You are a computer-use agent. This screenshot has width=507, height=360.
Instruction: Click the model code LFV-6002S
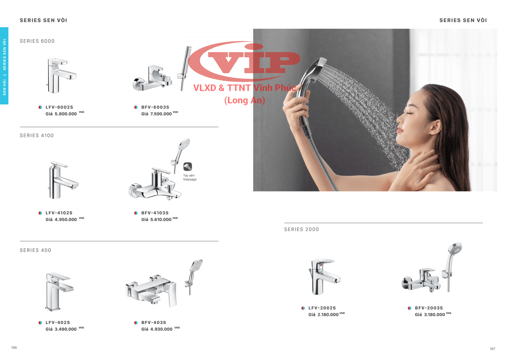click(x=59, y=107)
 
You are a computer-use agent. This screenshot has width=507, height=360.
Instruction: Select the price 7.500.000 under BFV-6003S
click(x=161, y=114)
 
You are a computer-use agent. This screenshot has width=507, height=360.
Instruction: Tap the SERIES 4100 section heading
click(x=37, y=135)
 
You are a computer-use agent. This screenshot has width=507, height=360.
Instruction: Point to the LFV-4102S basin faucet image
click(x=63, y=180)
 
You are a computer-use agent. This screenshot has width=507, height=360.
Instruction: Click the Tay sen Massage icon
click(x=188, y=167)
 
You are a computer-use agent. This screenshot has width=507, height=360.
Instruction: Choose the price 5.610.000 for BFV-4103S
click(x=161, y=220)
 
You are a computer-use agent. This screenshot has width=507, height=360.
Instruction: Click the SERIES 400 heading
click(x=35, y=250)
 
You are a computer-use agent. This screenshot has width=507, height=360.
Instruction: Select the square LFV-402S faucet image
click(x=59, y=292)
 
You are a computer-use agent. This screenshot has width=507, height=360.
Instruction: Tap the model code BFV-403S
click(x=154, y=323)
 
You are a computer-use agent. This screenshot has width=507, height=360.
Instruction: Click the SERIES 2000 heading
click(x=301, y=230)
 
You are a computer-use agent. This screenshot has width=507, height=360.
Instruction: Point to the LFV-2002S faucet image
click(x=324, y=277)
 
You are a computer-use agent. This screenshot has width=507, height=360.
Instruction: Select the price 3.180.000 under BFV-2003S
click(x=434, y=315)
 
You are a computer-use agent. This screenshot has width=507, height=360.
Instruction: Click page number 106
click(x=14, y=348)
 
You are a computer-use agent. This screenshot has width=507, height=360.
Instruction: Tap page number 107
click(x=493, y=349)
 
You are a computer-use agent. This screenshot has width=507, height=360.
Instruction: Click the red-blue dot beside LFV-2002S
click(x=303, y=308)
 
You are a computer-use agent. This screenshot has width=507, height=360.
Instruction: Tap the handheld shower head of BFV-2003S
click(x=455, y=250)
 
